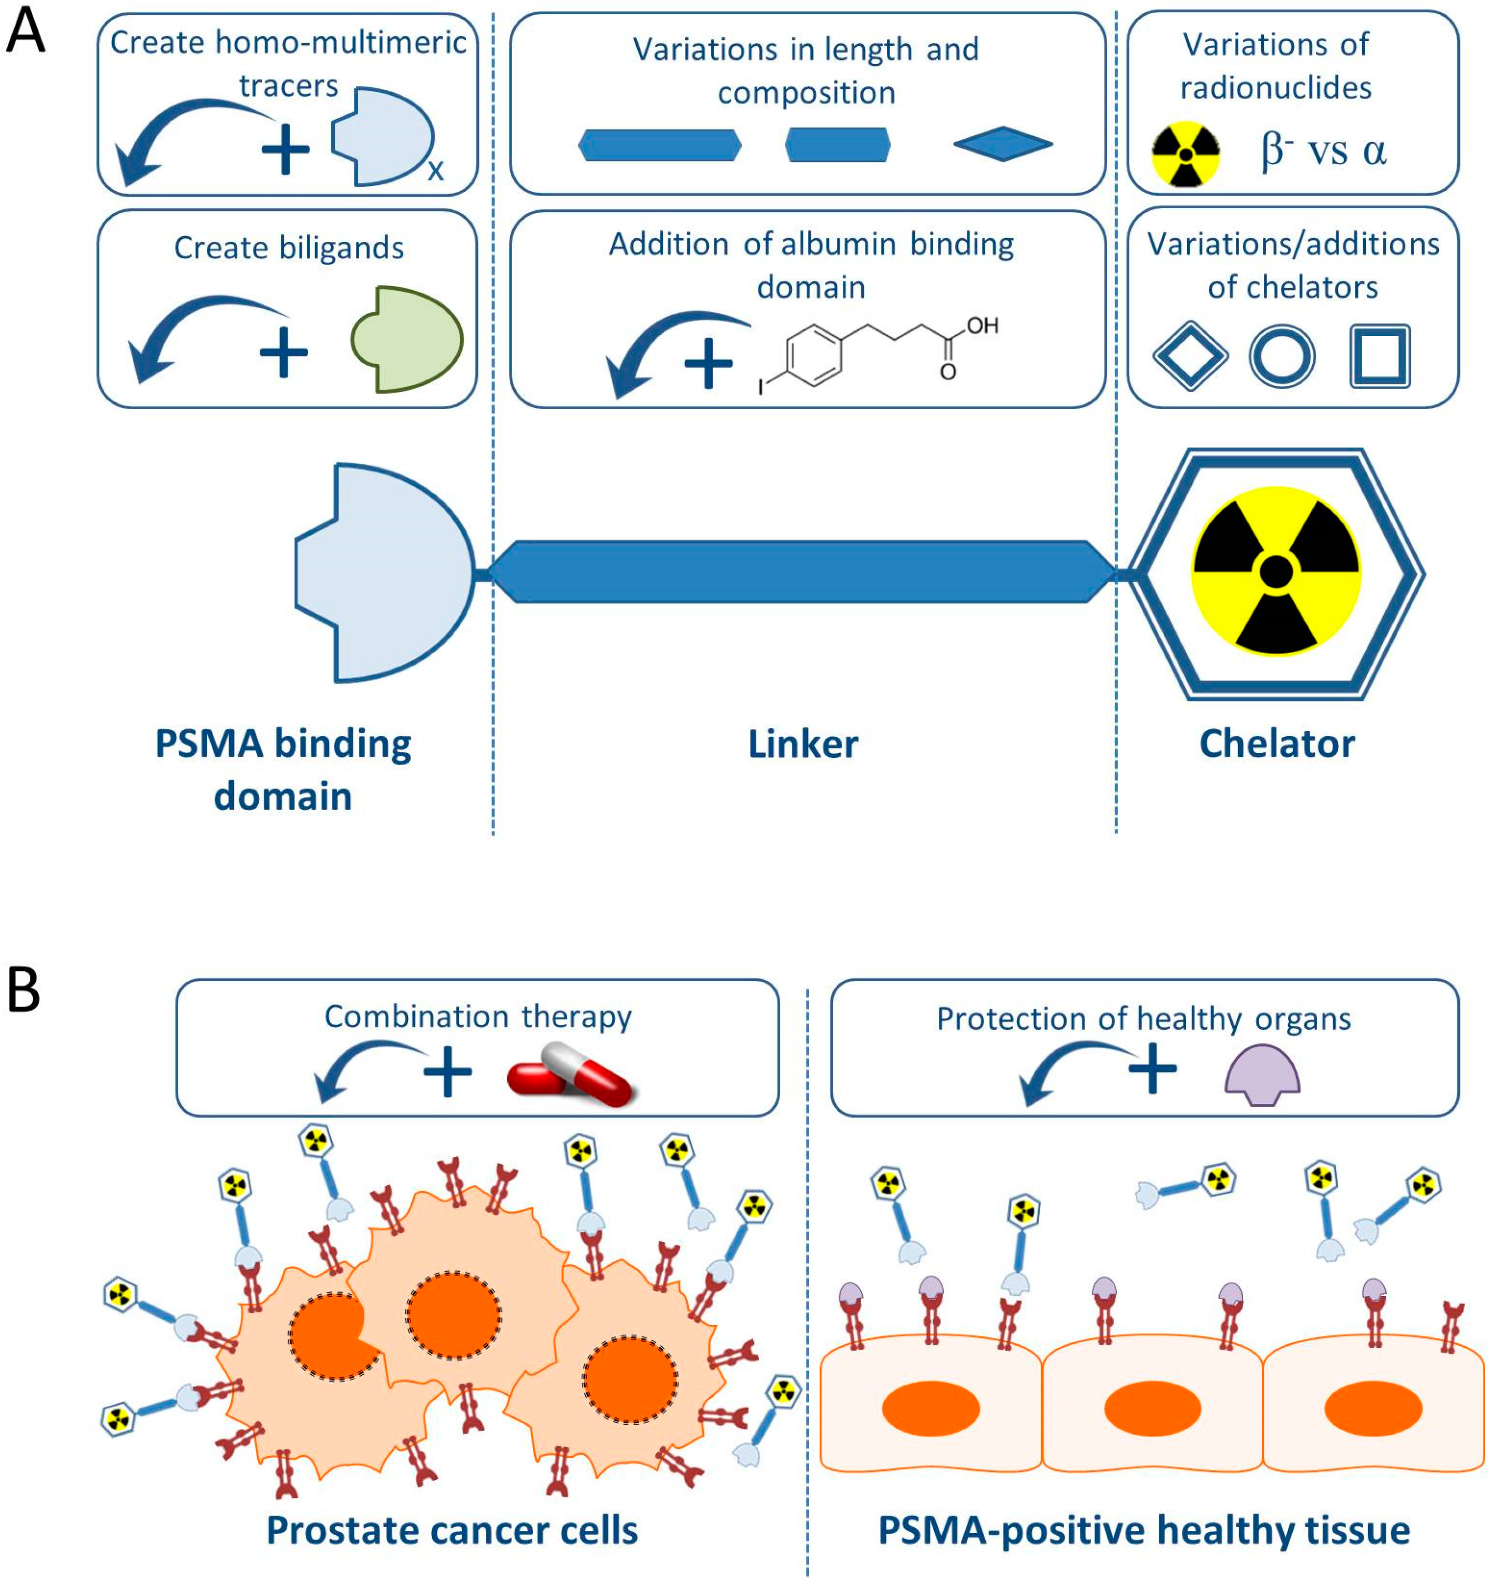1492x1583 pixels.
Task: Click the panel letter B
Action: point(24,991)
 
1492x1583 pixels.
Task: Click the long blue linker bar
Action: point(801,572)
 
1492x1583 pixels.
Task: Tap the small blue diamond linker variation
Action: point(1003,144)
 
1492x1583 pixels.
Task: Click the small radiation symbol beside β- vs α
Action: point(1186,154)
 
